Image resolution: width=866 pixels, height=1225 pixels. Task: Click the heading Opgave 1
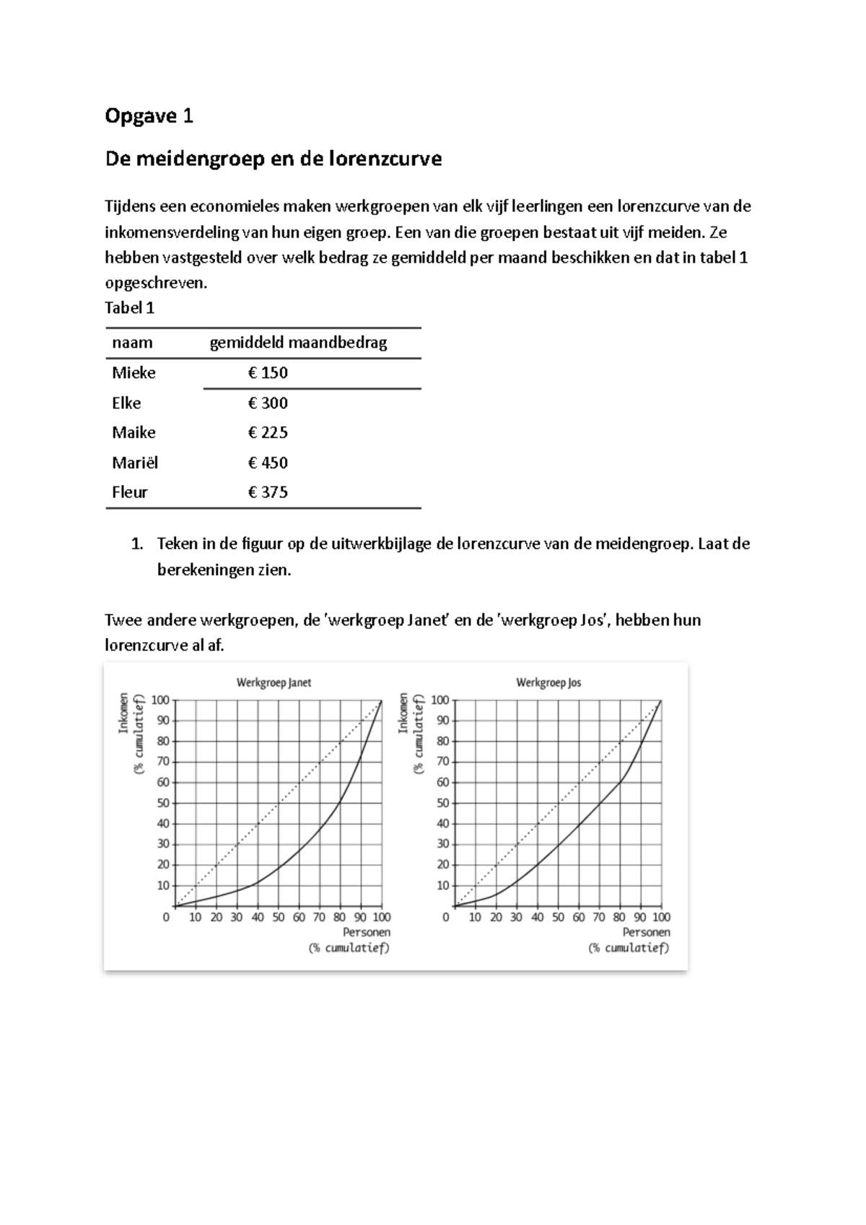[149, 116]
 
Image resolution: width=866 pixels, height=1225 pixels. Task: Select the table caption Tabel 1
[130, 308]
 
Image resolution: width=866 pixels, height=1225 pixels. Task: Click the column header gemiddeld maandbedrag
[298, 343]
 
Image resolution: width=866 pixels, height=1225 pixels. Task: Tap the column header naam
[132, 343]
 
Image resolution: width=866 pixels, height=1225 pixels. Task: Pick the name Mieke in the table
[134, 373]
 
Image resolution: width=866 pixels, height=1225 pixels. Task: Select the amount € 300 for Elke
[268, 403]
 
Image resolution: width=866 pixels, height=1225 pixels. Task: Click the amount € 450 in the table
[268, 462]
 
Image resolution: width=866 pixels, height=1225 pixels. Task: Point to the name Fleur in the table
[130, 493]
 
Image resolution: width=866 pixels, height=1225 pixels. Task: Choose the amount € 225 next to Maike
[268, 433]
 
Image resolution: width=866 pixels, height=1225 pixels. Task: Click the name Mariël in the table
[135, 462]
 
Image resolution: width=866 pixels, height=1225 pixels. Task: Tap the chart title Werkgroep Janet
[274, 682]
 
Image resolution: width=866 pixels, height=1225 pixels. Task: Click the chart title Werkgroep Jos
[548, 682]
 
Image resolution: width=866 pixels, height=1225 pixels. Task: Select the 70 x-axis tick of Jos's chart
[599, 918]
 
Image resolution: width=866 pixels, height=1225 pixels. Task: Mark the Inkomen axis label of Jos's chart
[403, 713]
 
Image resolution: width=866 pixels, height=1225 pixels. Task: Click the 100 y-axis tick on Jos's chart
[439, 700]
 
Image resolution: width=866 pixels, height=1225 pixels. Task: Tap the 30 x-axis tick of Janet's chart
[237, 918]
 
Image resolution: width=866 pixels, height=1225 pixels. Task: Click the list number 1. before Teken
[137, 544]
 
